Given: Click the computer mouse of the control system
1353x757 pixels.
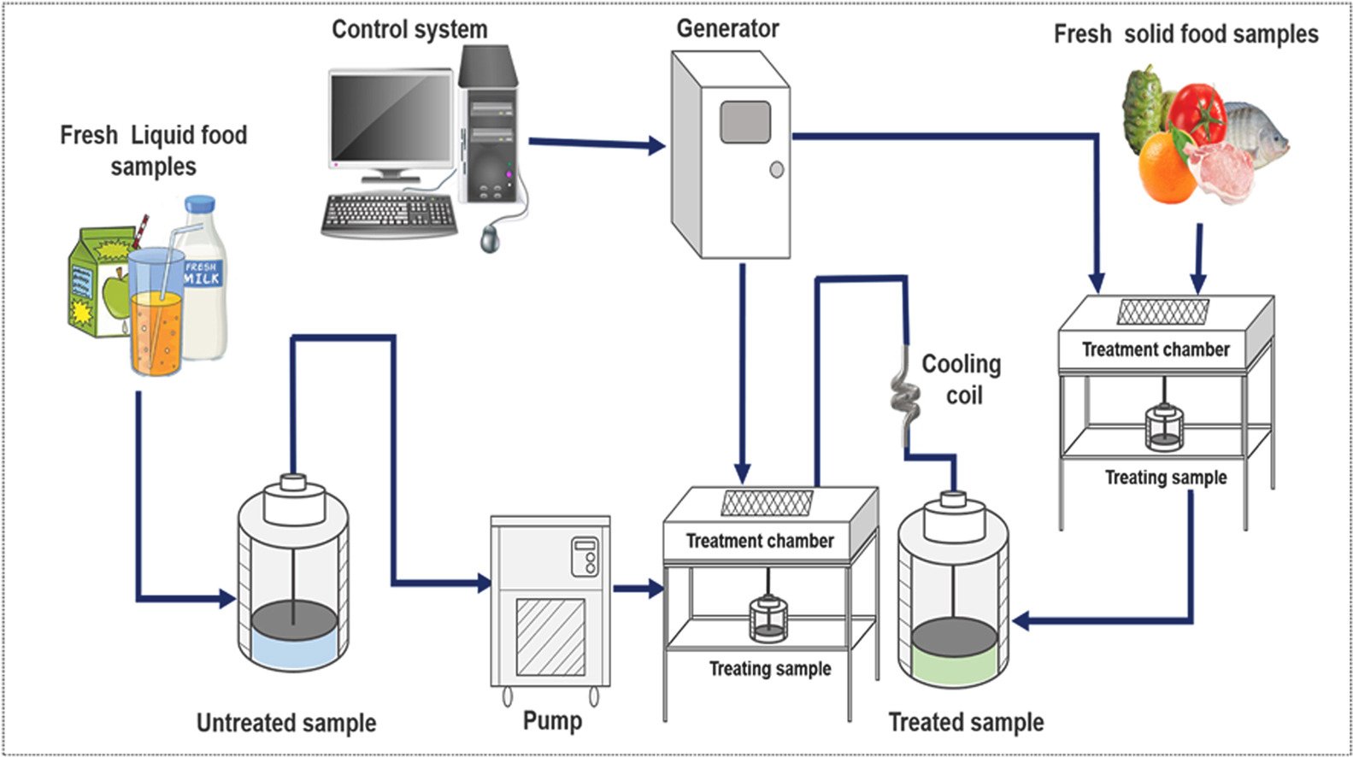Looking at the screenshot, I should pyautogui.click(x=490, y=238).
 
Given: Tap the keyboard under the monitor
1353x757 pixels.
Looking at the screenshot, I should pyautogui.click(x=388, y=214).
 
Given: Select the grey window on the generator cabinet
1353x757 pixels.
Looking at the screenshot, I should pyautogui.click(x=744, y=122).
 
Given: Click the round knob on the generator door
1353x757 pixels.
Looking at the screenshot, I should pyautogui.click(x=776, y=169).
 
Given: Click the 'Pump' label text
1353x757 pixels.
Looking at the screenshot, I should pyautogui.click(x=552, y=720).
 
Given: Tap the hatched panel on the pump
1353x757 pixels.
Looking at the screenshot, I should pyautogui.click(x=550, y=636).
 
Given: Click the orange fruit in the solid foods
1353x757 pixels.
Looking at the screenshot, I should pyautogui.click(x=1166, y=168).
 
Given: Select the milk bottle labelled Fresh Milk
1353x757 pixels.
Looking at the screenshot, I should pyautogui.click(x=203, y=278).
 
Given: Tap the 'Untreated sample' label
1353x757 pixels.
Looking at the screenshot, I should pyautogui.click(x=286, y=723).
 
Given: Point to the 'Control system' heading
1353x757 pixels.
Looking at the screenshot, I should pyautogui.click(x=409, y=29).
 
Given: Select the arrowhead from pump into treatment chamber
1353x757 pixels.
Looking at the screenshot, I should pyautogui.click(x=656, y=588).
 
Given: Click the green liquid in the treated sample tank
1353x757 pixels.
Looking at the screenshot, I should pyautogui.click(x=953, y=667).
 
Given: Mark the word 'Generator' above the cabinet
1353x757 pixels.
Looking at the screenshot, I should pyautogui.click(x=727, y=28).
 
